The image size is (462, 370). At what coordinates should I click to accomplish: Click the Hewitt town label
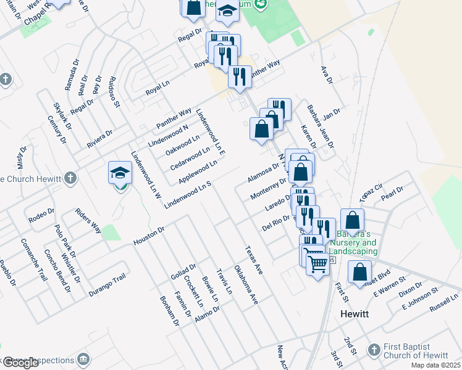coord(355,314)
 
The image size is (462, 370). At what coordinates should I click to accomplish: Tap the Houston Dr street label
coord(149,236)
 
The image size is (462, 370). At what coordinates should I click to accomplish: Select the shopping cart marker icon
coord(317,264)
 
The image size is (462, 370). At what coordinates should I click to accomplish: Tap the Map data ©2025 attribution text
coord(436,365)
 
